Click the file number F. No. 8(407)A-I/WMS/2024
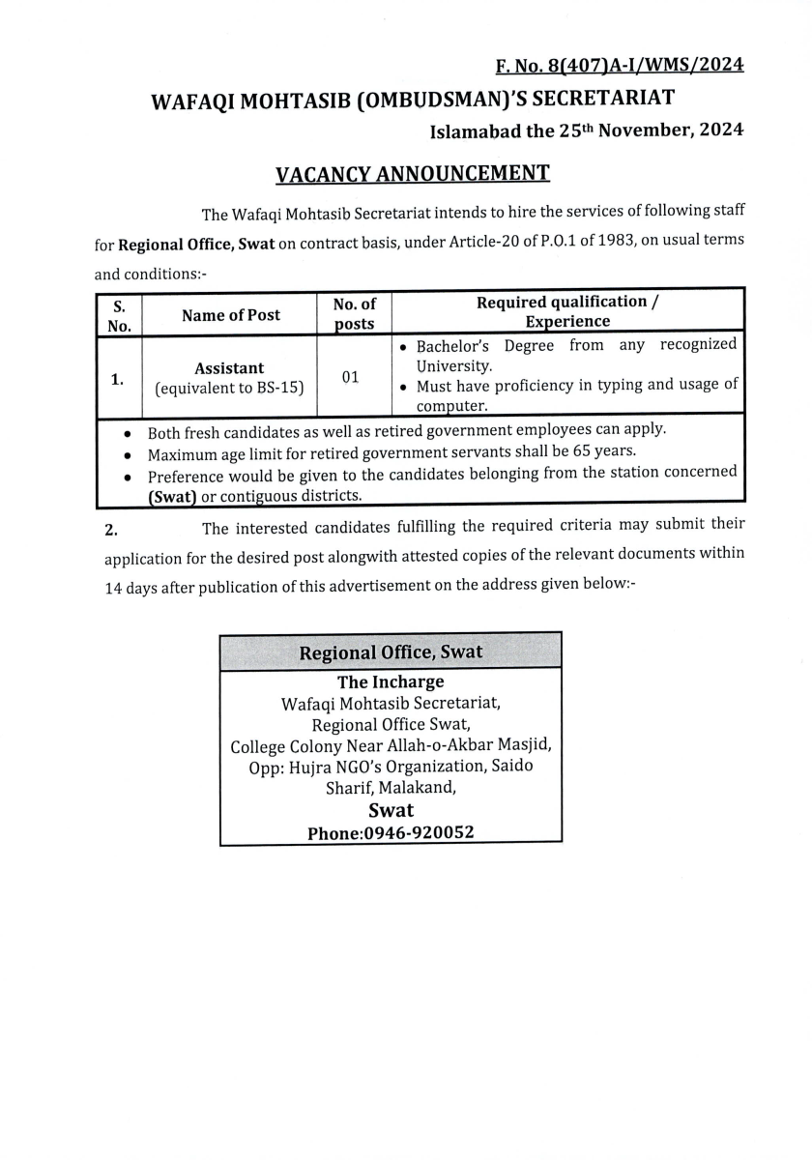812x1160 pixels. (620, 66)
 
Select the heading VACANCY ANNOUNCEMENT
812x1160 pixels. (413, 174)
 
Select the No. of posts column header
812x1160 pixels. (354, 314)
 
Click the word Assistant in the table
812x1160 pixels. (229, 368)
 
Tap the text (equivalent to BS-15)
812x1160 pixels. (229, 388)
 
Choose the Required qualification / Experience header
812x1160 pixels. (567, 311)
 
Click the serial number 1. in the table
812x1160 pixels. (117, 379)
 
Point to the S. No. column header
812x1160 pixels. (119, 314)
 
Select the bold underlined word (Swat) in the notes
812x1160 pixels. (172, 496)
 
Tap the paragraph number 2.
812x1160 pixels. (111, 528)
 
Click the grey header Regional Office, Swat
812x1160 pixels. (391, 652)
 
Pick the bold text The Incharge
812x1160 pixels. (391, 682)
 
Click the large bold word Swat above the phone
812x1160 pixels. (391, 810)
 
